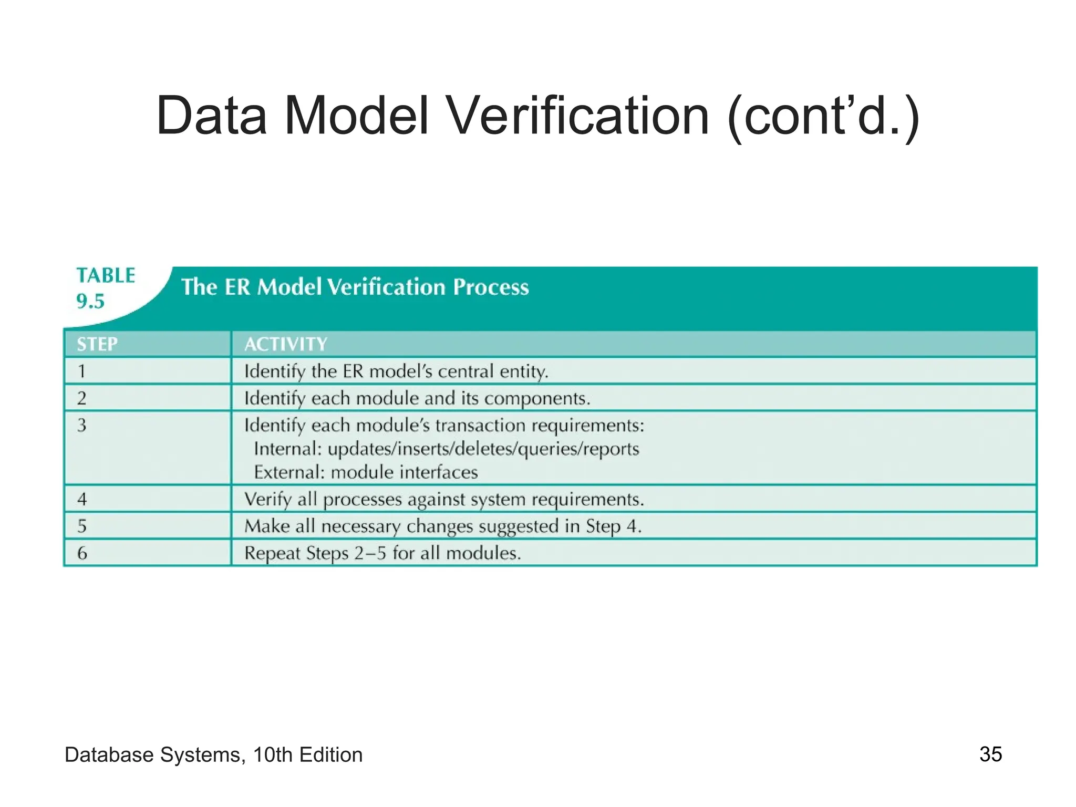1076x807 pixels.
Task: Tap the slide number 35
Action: [990, 754]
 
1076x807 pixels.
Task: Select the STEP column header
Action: [97, 344]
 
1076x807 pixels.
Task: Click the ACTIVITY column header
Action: [285, 344]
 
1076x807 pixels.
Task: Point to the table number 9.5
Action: [90, 301]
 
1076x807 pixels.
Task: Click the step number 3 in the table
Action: [82, 425]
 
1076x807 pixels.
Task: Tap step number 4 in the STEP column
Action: [82, 499]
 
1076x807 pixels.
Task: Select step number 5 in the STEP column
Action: [82, 526]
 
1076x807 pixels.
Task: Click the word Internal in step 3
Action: [287, 449]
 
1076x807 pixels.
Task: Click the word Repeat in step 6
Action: [270, 553]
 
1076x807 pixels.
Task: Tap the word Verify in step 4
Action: [268, 499]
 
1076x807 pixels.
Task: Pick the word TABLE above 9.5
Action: [106, 275]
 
